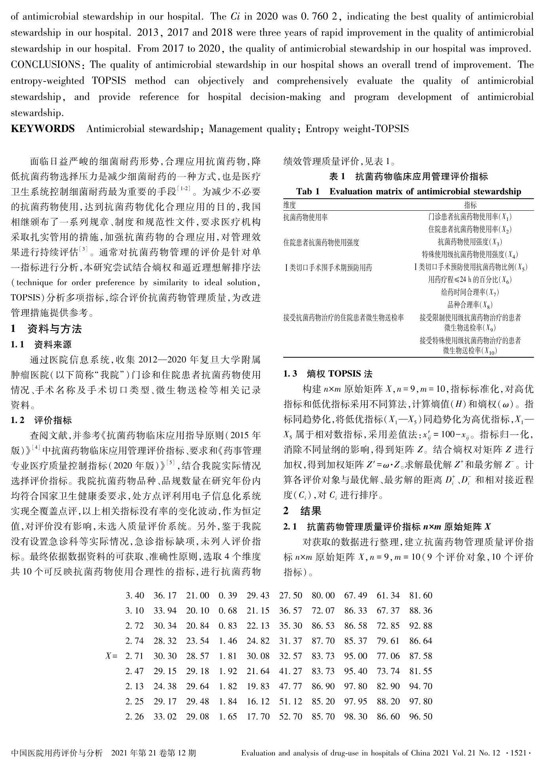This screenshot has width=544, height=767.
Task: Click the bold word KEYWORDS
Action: tap(43, 129)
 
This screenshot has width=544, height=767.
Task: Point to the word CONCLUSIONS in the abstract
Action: tap(45, 65)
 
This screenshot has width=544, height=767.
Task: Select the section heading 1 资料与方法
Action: tap(46, 329)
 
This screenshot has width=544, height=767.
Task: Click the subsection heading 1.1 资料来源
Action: tap(41, 345)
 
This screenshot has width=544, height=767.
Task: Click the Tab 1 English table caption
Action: tap(408, 192)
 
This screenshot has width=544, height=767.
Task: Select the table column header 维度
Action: tap(290, 205)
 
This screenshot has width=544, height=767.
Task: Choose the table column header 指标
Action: tap(470, 205)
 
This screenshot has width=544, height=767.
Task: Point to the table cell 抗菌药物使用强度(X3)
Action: tap(470, 242)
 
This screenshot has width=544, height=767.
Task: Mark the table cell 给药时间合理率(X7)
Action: tap(470, 293)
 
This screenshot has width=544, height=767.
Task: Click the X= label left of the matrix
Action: tap(111, 656)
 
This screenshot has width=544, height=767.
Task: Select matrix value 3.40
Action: tap(135, 595)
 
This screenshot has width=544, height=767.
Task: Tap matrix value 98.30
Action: tap(355, 716)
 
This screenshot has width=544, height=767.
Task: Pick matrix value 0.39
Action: tap(227, 595)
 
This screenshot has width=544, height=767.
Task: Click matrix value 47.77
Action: tap(290, 686)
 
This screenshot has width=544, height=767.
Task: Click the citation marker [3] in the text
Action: tap(83, 249)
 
